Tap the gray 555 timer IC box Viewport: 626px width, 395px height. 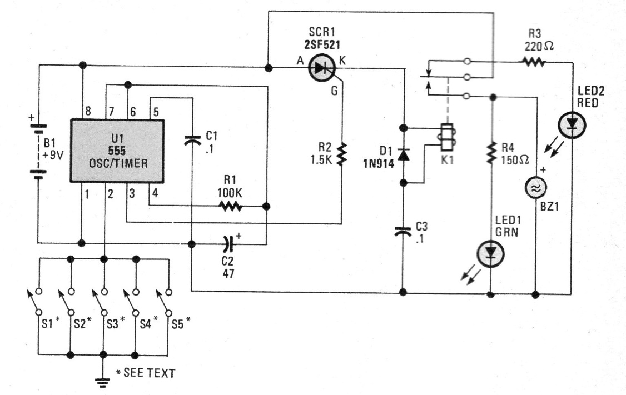tap(117, 151)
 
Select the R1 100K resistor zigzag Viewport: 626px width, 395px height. tap(230, 206)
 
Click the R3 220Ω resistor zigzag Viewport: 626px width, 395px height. tap(533, 62)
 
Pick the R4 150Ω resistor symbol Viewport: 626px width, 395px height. tap(491, 153)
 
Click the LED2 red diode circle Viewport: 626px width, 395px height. tap(572, 126)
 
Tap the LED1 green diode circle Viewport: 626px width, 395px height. tap(491, 254)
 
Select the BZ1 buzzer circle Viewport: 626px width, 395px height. tap(535, 188)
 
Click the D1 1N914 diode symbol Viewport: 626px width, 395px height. tap(403, 154)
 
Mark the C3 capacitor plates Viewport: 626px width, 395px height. tap(403, 232)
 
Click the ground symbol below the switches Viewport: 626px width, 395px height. tap(103, 382)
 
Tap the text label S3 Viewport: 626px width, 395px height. tap(113, 324)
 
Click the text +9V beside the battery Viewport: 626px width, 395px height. tap(53, 154)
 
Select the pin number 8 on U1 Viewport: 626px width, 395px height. tap(88, 111)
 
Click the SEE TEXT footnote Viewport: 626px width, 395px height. tap(149, 373)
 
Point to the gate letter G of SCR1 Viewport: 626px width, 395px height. tap(334, 91)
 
